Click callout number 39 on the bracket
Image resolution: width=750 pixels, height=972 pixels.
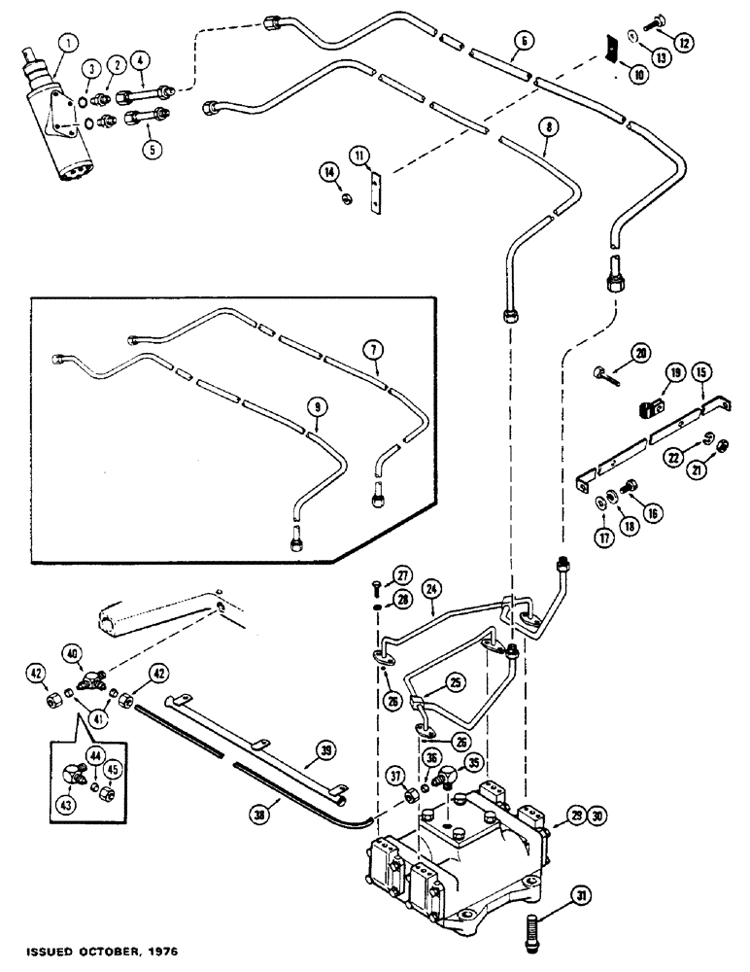(326, 748)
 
